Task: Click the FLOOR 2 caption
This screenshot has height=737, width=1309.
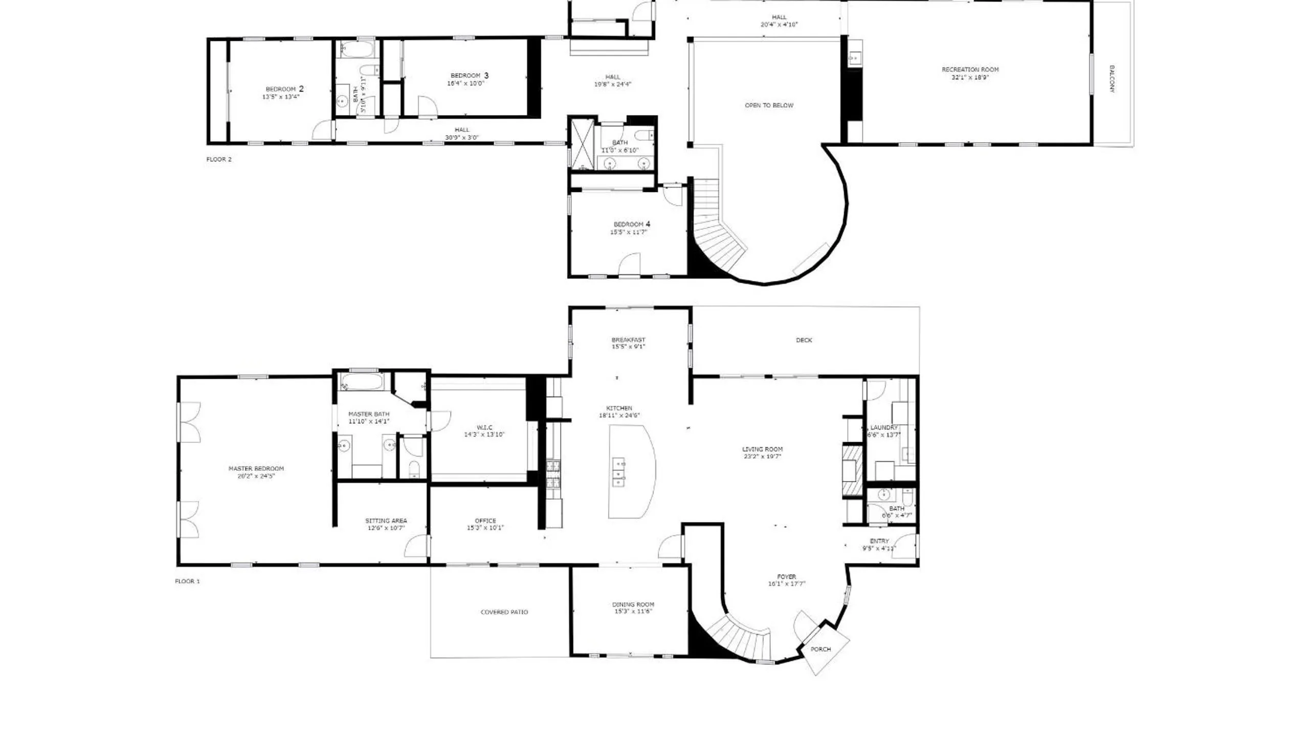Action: tap(219, 159)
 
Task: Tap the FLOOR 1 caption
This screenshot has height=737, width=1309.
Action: tap(187, 581)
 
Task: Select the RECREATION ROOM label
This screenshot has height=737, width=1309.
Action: tap(970, 70)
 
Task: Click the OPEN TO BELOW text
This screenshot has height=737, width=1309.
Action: tap(769, 105)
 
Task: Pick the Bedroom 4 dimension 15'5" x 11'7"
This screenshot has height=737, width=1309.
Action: tap(628, 232)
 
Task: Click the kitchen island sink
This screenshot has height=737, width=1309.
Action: tap(619, 471)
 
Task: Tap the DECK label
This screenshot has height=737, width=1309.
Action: tap(804, 340)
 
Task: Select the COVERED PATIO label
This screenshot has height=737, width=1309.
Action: tap(504, 612)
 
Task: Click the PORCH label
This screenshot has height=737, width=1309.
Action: tap(820, 649)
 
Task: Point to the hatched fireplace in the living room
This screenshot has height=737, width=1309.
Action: tap(852, 471)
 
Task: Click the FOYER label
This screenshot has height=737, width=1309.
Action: tap(786, 576)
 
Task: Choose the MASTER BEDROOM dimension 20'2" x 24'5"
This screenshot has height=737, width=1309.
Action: tap(256, 475)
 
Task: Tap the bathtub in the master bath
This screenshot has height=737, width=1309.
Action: tap(362, 381)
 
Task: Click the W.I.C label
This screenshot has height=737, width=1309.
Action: tap(484, 427)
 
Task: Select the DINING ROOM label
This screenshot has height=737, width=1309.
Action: tap(633, 604)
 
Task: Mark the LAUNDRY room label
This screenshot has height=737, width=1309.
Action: tap(883, 427)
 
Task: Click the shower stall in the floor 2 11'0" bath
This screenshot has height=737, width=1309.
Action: tap(582, 143)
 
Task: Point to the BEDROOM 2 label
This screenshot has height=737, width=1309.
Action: tap(284, 89)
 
